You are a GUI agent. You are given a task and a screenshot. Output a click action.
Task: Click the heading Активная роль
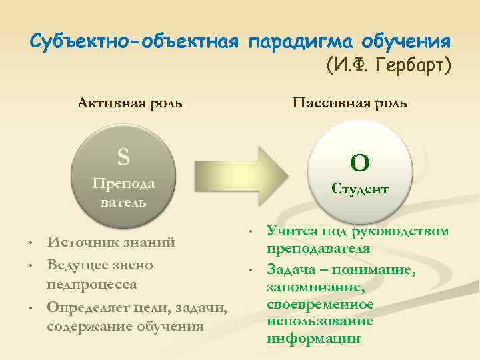pos(131,103)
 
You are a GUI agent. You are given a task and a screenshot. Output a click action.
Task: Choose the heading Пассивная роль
pos(349,103)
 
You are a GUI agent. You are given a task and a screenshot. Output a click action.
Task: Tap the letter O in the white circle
pos(361,162)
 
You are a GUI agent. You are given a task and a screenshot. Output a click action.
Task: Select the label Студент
pos(360,189)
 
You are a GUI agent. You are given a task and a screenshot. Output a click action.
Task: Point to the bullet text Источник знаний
pos(111,242)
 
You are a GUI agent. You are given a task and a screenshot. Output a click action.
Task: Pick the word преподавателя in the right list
pos(318,249)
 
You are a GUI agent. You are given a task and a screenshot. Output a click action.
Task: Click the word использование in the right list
pos(319,321)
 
